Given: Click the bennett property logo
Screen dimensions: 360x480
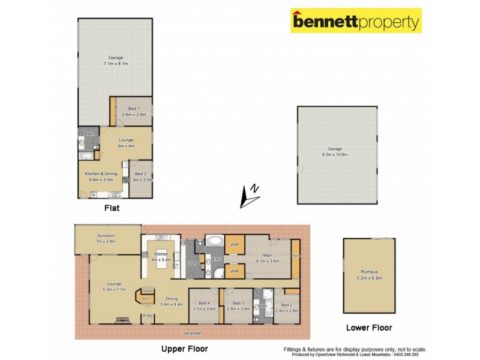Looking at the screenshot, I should (356, 22).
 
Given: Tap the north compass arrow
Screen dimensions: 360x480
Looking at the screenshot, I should (249, 195).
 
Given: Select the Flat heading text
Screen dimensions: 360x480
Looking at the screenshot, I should (111, 208).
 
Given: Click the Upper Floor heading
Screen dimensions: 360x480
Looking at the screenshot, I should (185, 348).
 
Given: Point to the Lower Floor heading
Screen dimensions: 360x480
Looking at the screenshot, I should (369, 328).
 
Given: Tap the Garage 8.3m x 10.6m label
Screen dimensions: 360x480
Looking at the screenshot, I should (337, 152).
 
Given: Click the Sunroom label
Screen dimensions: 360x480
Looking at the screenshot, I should (106, 238).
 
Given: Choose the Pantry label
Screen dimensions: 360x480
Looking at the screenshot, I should (147, 291).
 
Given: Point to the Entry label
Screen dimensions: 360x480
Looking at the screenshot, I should (147, 314).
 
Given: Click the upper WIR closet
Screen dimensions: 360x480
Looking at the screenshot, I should (234, 245).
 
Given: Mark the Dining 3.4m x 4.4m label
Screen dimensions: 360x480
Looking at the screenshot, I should (172, 301).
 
